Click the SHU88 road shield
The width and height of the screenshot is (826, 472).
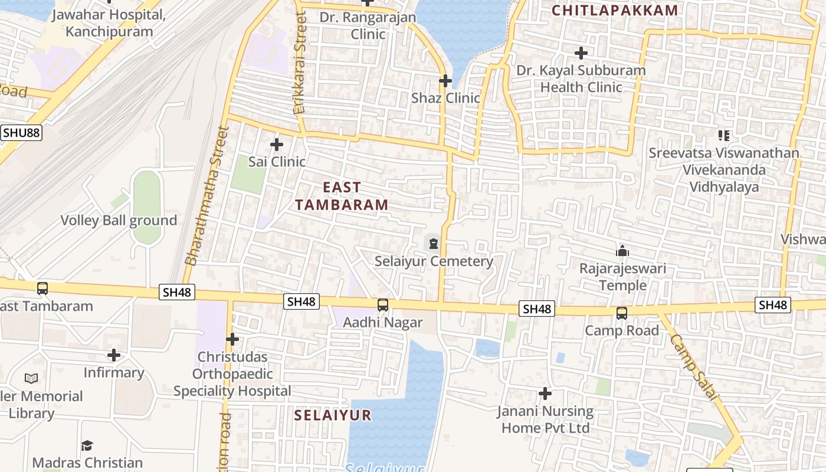coord(21,132)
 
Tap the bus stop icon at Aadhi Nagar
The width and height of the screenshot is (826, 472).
coord(383,305)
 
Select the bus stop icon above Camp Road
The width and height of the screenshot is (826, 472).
coord(622,313)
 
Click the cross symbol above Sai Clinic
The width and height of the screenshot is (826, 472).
coord(276,144)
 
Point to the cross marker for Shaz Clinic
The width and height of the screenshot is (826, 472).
coord(445,80)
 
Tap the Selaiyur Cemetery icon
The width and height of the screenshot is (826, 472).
coord(434,243)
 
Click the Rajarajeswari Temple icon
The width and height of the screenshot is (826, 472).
coord(622,251)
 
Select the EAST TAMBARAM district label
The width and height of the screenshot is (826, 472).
coord(342,196)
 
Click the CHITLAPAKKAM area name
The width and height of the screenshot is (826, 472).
coord(615,10)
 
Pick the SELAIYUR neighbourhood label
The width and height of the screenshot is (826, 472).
coord(333,415)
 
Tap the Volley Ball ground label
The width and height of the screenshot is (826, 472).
coord(119,221)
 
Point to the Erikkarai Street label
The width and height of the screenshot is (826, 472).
coord(300,65)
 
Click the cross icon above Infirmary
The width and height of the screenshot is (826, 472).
coord(114,355)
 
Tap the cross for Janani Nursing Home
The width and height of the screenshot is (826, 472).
coord(545,393)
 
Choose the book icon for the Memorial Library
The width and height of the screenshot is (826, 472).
coord(31,378)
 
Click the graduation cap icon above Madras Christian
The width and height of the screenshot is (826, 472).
coord(87,445)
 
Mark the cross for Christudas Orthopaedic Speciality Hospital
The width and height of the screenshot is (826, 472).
coord(232,339)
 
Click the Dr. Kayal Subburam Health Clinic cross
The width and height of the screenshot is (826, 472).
coord(581,53)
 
